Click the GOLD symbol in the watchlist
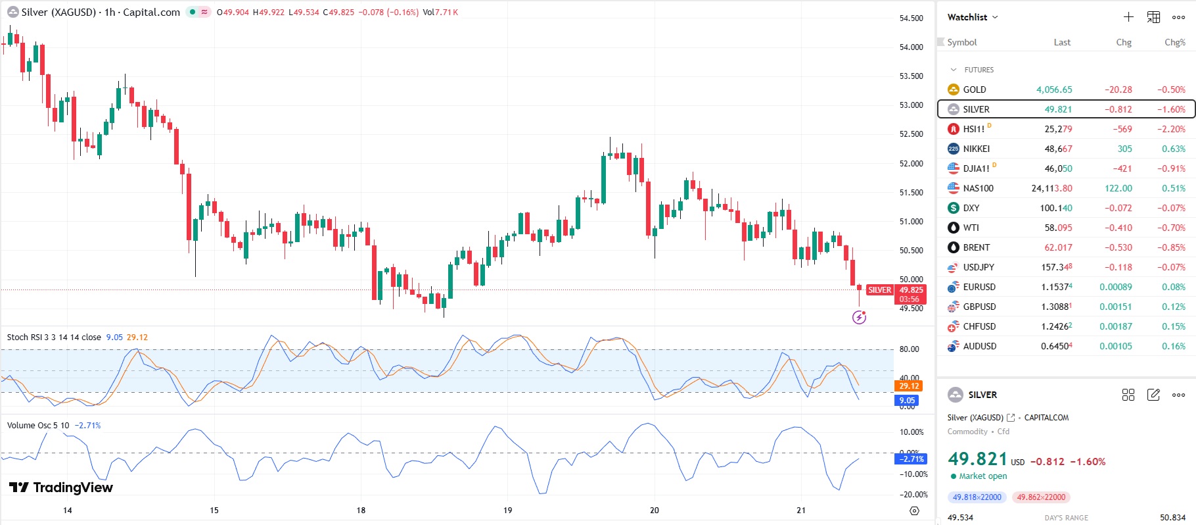tap(974, 89)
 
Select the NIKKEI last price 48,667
tap(1058, 149)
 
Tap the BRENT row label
tap(976, 247)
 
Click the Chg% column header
tap(1174, 42)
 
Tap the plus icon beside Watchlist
tap(1128, 17)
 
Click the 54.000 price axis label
tap(911, 47)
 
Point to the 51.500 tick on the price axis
tap(911, 193)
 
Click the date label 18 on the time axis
tap(361, 510)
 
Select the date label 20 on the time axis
tap(654, 510)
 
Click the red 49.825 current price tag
tap(911, 290)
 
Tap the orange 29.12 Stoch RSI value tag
tap(909, 386)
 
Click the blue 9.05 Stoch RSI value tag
tap(907, 400)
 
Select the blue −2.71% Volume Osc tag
tap(911, 459)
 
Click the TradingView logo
tap(61, 488)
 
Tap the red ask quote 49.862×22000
tap(1041, 497)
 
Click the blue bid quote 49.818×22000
tap(977, 497)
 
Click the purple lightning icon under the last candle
tap(859, 318)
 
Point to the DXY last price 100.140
tap(1055, 208)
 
